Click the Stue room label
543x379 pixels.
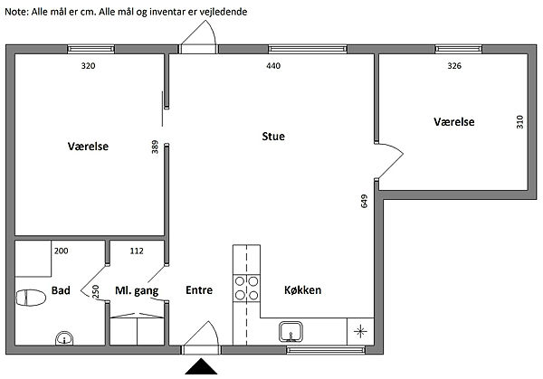point(273,137)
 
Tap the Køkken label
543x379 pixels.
point(302,290)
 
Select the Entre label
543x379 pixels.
point(199,290)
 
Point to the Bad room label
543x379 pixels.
point(61,290)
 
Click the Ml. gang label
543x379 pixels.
point(137,290)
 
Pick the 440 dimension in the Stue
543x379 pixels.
point(273,66)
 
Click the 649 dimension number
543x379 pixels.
point(364,201)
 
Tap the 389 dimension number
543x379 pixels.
point(155,147)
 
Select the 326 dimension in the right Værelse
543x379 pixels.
point(454,66)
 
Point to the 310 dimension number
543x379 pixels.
point(519,122)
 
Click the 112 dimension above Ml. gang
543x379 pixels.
point(137,251)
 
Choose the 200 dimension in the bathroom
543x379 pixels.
point(61,251)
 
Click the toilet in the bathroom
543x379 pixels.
point(31,298)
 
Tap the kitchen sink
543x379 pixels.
point(291,332)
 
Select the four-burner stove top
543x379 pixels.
point(246,288)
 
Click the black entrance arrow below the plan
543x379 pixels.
point(201,367)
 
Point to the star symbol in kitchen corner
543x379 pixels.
point(360,332)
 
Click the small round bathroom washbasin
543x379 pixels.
point(64,337)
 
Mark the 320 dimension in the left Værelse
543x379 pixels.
point(88,66)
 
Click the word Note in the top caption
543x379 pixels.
point(16,12)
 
